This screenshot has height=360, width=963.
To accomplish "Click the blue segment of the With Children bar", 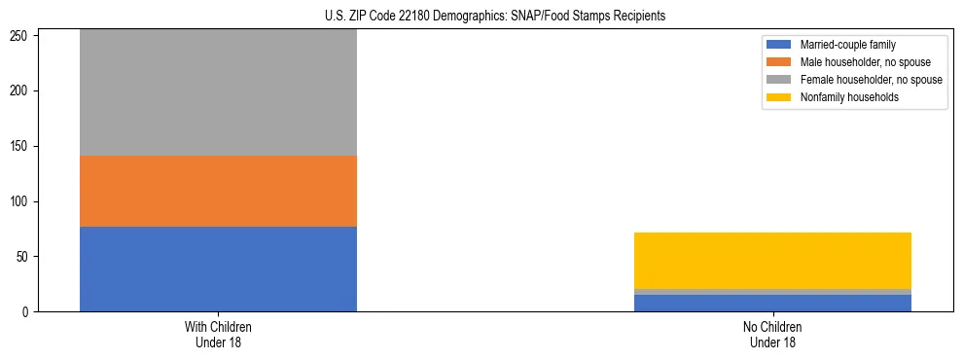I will point(218,269).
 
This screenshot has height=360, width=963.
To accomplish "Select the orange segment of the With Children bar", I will point(218,191).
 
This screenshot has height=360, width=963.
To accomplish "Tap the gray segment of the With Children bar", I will point(218,92).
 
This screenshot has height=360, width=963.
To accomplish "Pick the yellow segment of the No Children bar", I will point(772,261).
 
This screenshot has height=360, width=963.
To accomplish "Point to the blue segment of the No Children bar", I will point(772,303).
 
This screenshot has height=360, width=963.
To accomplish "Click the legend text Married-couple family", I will point(848,45).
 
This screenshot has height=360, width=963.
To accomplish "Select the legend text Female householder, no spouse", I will point(871,80).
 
